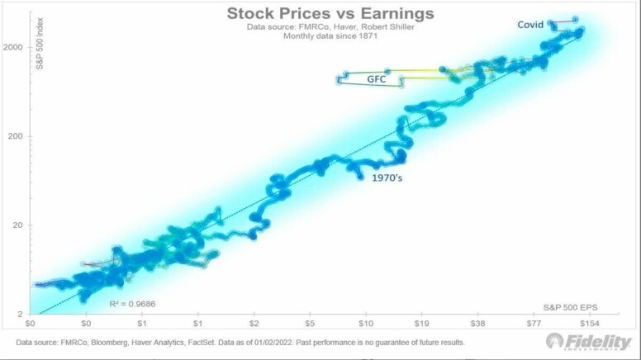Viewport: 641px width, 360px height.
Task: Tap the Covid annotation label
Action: click(x=530, y=25)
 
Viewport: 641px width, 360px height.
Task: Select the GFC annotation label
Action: click(x=377, y=80)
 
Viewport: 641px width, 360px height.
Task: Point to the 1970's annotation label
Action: click(x=392, y=177)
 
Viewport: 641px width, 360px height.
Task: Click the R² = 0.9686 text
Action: click(x=132, y=304)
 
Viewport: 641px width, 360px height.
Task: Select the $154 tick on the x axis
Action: click(x=588, y=324)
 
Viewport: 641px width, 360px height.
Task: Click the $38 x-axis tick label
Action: click(x=477, y=324)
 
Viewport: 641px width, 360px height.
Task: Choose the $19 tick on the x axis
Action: click(x=421, y=324)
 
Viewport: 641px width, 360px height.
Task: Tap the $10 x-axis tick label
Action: click(x=365, y=324)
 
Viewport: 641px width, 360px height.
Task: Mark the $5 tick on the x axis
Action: click(x=310, y=324)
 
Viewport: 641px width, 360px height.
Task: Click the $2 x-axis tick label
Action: click(x=254, y=324)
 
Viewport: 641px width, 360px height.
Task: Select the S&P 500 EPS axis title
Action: click(x=570, y=306)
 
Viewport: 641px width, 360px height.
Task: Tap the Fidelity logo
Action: click(x=589, y=341)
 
